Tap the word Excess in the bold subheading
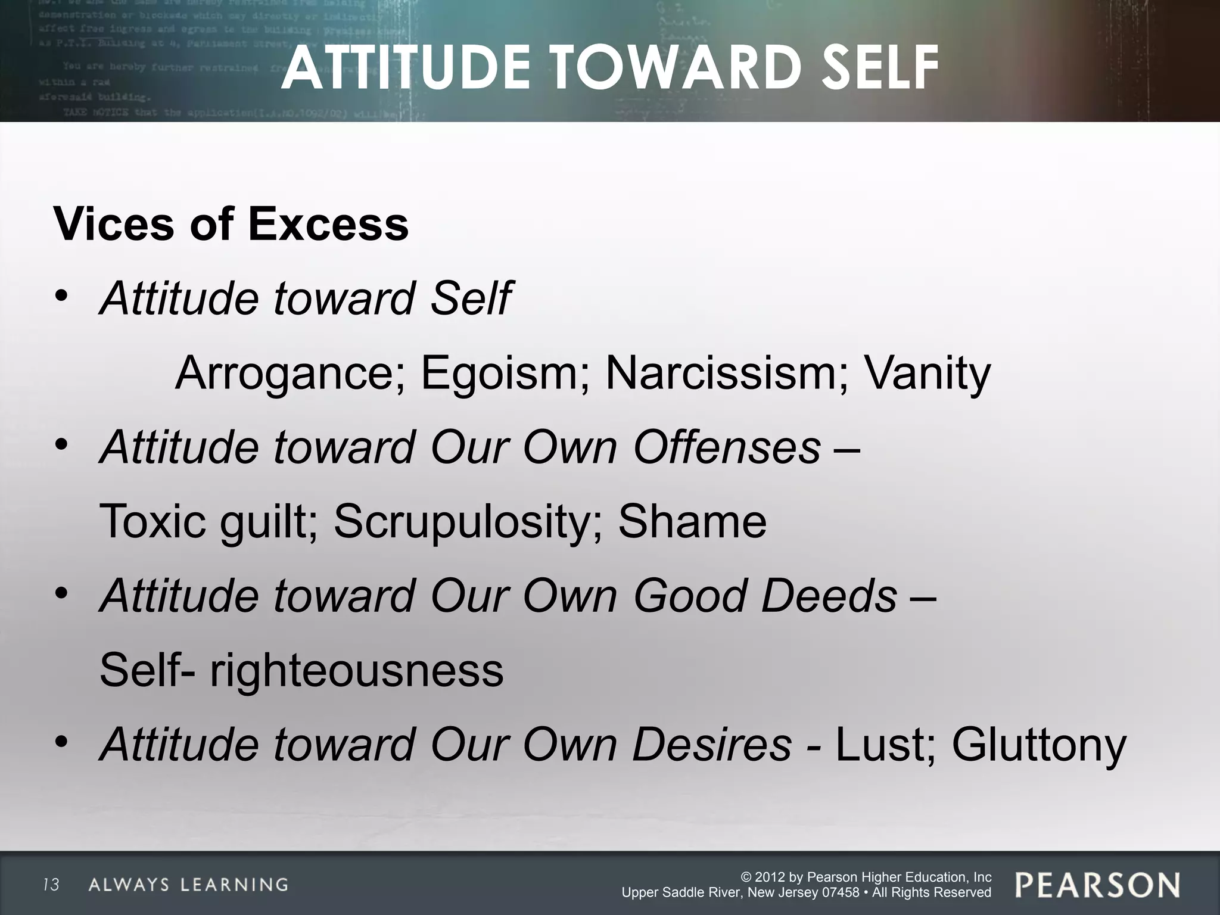[x=328, y=225]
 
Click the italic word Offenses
[x=727, y=447]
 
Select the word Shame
[x=692, y=522]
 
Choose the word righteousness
[x=356, y=670]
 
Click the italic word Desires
[x=712, y=745]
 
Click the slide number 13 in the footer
[x=52, y=885]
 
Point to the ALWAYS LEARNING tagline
[x=188, y=885]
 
